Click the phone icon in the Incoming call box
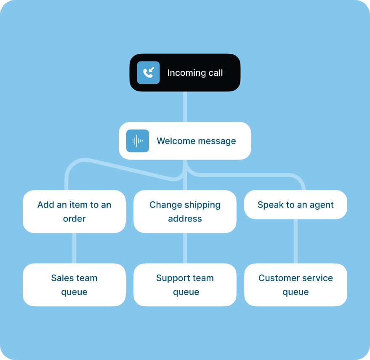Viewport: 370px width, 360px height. (148, 73)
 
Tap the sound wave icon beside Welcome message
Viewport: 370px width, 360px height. (138, 141)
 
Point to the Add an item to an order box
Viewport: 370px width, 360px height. (74, 211)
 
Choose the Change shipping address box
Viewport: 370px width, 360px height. (185, 211)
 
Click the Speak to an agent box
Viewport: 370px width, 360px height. (295, 205)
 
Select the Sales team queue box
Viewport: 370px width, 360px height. (74, 285)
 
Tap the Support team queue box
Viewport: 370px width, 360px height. (185, 285)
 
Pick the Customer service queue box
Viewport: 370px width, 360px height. (295, 285)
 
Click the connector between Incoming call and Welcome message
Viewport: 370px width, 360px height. (185, 107)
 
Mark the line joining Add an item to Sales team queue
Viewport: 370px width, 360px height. (74, 248)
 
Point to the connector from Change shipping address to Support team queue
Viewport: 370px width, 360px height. (185, 248)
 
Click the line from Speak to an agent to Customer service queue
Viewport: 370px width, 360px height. (295, 241)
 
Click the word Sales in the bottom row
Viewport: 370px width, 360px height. (62, 278)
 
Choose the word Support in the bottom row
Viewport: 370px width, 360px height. (171, 278)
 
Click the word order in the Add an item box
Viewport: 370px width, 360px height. (74, 219)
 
